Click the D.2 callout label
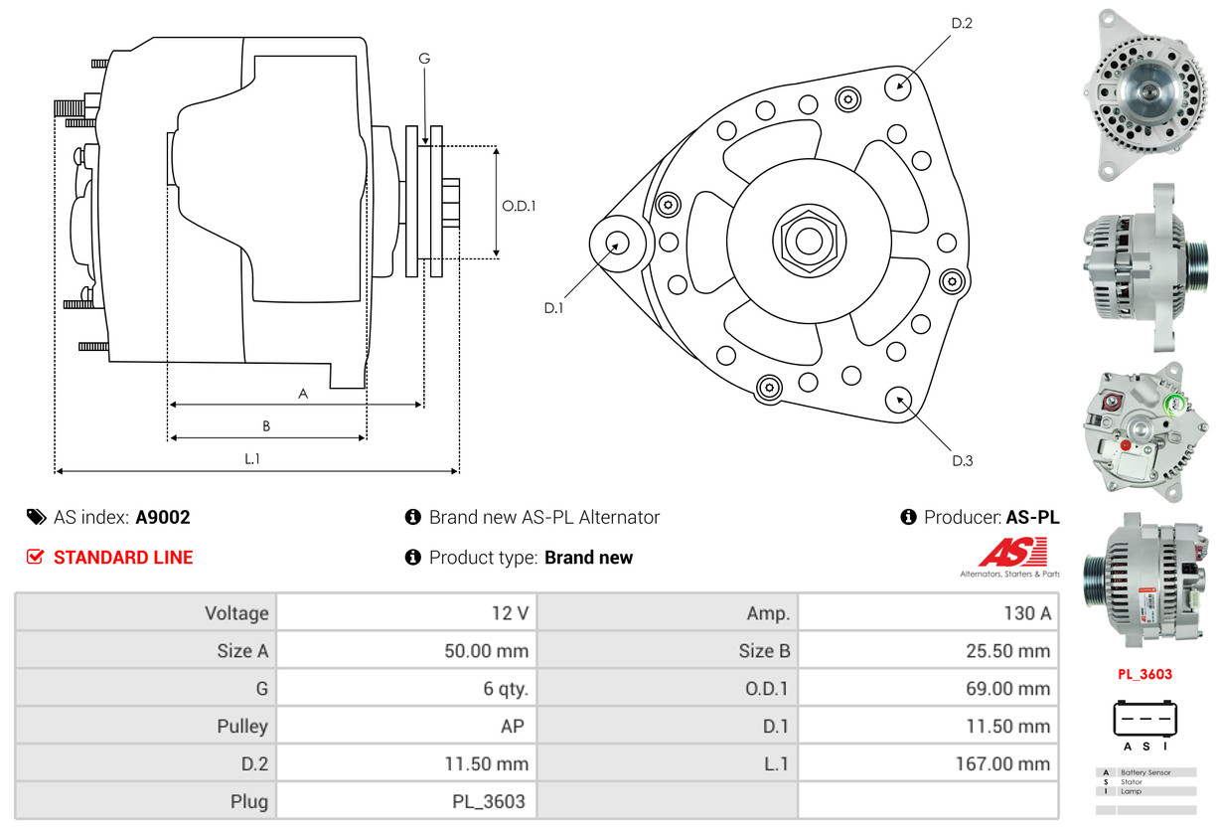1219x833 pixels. coord(961,23)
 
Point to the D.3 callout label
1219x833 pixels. coord(962,460)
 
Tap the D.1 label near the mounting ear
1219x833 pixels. coord(553,308)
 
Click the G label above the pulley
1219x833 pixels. coord(424,59)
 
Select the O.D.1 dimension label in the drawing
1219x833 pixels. coord(519,207)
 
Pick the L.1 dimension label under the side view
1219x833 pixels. coord(252,458)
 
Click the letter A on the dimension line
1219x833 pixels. coord(303,394)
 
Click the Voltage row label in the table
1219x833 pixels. coord(236,613)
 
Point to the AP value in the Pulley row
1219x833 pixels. coord(512,727)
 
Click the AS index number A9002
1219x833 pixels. coord(163,517)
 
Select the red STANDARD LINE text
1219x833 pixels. coord(123,558)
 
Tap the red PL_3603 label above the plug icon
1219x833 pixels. coord(1144,674)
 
